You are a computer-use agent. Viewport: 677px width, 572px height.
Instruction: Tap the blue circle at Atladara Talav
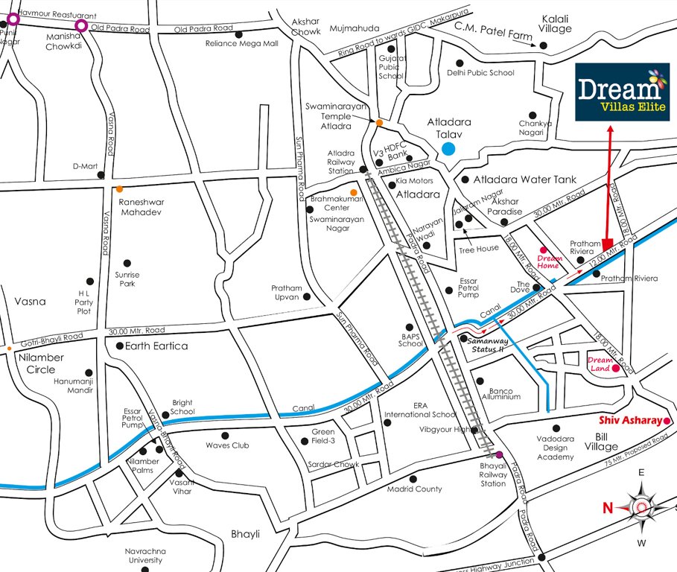coord(448,148)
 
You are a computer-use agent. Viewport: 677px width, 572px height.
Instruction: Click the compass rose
coord(641,508)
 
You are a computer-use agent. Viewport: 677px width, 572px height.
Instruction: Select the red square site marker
coord(607,244)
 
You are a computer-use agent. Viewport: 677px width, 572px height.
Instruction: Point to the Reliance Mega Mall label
coord(241,44)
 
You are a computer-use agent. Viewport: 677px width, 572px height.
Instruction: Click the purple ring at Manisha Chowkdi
coord(81,26)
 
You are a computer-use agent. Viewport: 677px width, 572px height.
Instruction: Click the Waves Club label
coord(228,445)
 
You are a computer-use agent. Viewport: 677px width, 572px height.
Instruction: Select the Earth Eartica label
coord(156,346)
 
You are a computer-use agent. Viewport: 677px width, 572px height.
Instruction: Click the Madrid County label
coord(414,489)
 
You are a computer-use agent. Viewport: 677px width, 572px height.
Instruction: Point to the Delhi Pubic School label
coord(480,73)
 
